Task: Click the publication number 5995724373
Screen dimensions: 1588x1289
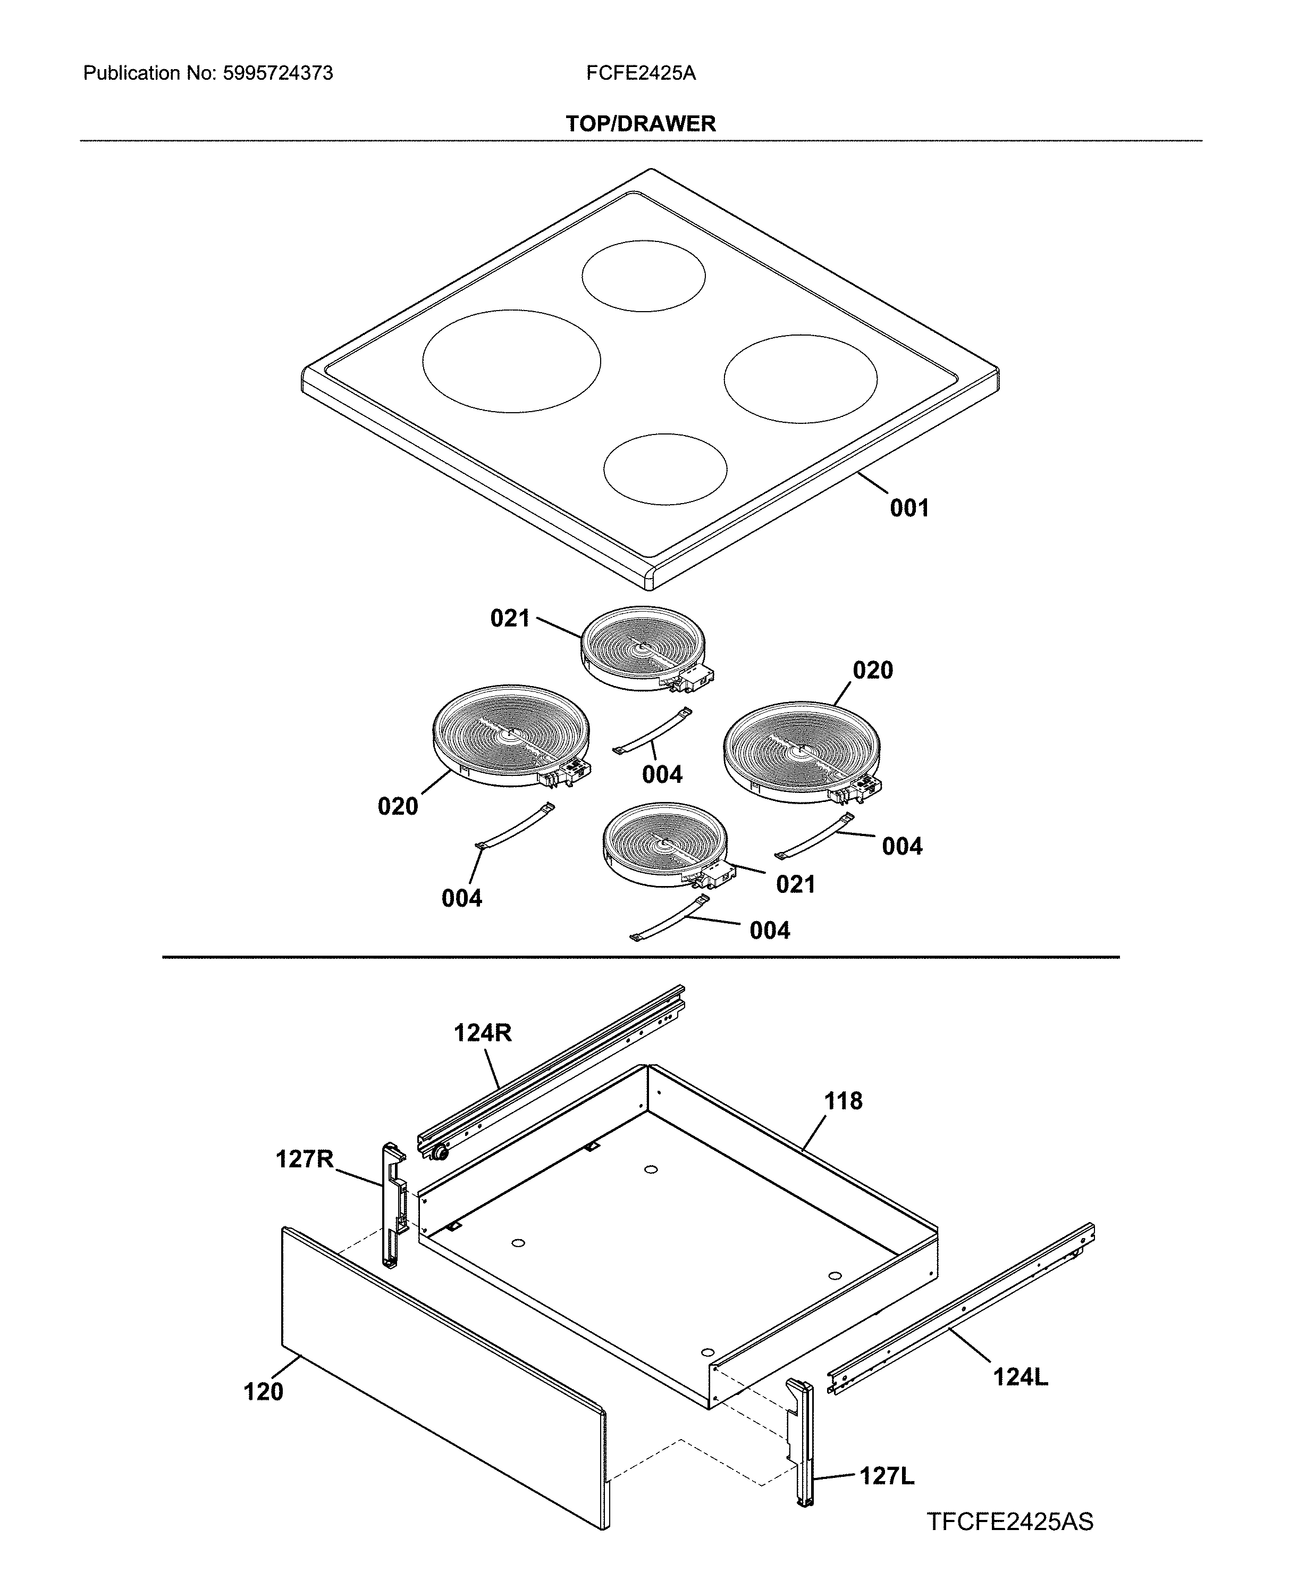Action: [x=277, y=73]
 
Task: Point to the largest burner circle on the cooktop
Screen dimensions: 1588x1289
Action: [x=511, y=361]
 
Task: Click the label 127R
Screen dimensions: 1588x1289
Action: [x=305, y=1159]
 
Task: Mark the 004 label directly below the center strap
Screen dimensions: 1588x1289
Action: [x=662, y=775]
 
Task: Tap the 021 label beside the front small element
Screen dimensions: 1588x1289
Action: [x=795, y=884]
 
